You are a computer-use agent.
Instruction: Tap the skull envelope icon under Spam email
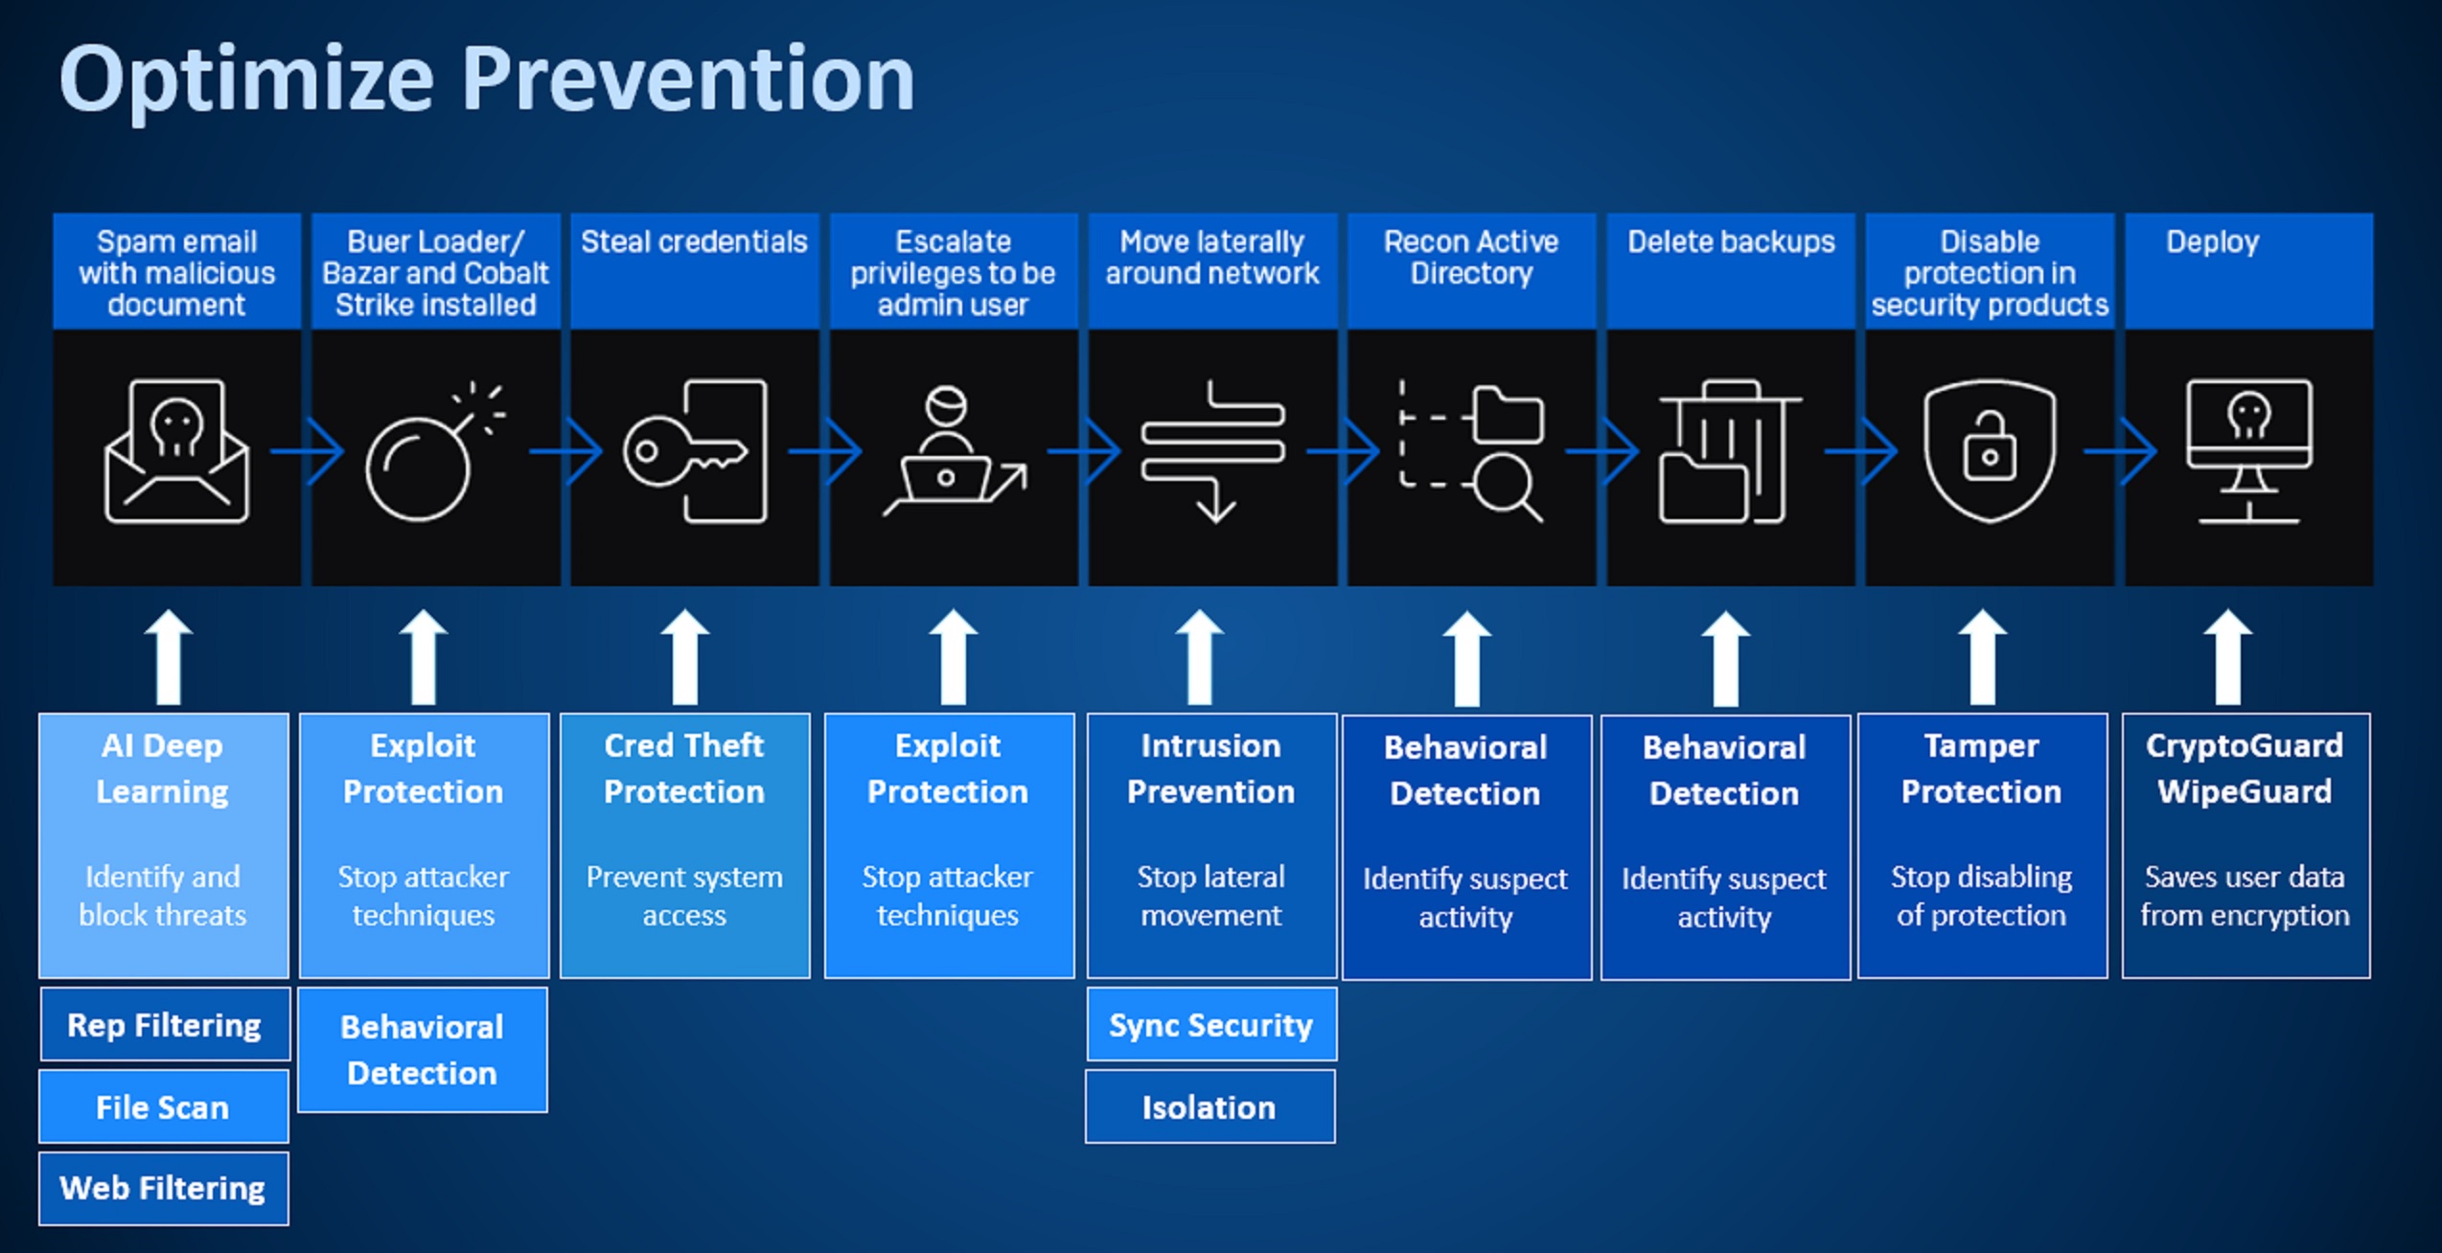coord(176,452)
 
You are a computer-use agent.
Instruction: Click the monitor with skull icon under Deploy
coord(2248,450)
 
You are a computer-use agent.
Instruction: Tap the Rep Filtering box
coord(164,1025)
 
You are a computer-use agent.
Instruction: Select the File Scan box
coord(163,1107)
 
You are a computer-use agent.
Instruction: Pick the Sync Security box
coord(1210,1025)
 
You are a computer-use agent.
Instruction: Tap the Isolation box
coord(1209,1107)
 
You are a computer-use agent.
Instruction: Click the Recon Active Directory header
coord(1470,258)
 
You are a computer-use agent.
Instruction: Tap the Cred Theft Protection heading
coord(684,769)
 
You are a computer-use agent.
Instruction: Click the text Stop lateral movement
coord(1210,896)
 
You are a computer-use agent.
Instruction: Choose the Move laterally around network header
coord(1211,258)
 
